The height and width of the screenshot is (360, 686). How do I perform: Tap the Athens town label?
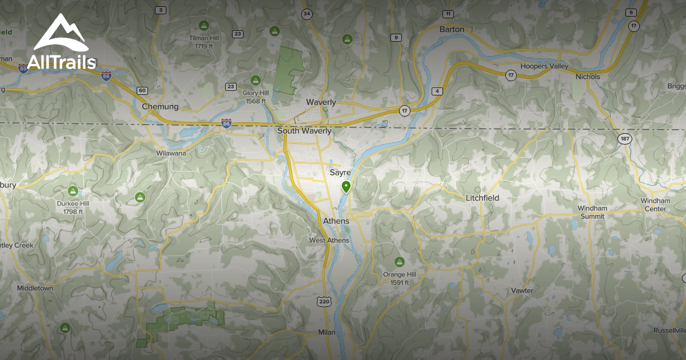click(336, 221)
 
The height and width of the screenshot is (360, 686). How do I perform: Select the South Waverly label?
click(304, 131)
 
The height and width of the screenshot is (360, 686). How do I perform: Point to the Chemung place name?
click(160, 106)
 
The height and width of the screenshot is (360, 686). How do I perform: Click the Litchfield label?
click(482, 198)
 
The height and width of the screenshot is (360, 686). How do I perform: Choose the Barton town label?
click(452, 29)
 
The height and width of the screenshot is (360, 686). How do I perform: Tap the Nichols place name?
click(588, 77)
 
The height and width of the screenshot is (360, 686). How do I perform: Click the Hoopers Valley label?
click(544, 66)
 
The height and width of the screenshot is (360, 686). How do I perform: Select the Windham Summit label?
click(592, 212)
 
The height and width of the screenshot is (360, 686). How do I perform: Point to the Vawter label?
click(522, 291)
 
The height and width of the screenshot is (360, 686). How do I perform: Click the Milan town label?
click(327, 332)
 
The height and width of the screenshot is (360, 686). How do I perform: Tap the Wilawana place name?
click(171, 154)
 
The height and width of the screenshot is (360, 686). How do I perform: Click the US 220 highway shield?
click(324, 301)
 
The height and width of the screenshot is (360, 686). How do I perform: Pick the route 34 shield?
click(308, 14)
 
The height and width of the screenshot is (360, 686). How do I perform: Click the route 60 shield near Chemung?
click(142, 91)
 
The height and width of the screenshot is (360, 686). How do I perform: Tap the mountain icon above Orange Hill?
click(399, 262)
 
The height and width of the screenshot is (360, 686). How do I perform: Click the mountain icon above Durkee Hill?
click(73, 190)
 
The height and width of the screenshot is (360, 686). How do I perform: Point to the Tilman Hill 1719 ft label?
click(204, 42)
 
